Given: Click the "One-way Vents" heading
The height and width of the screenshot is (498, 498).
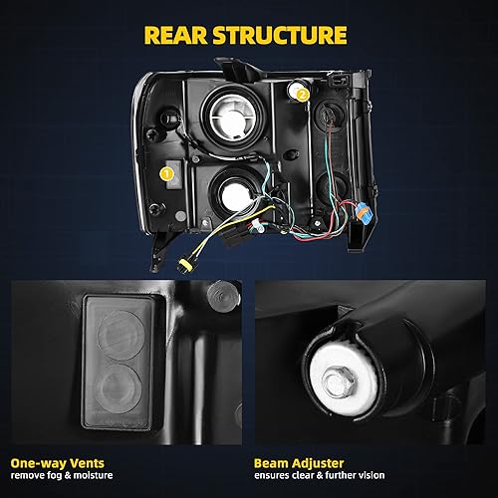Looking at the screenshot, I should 63,462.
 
